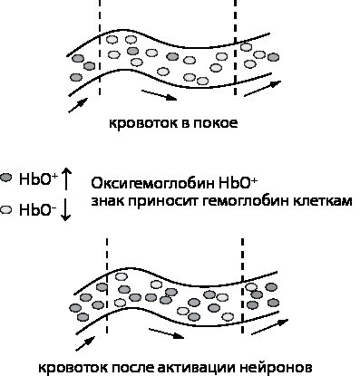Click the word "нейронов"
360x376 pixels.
(276, 368)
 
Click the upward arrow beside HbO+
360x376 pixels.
(67, 179)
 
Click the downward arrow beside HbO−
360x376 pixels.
(66, 210)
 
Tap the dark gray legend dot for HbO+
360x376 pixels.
(6, 178)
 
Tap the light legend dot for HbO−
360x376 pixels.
(6, 209)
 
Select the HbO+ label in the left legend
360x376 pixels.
(38, 179)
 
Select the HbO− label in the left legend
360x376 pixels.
(37, 210)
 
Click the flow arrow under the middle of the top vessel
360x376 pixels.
(159, 94)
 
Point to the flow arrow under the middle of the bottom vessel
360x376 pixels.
(167, 333)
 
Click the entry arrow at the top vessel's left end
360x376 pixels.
(78, 105)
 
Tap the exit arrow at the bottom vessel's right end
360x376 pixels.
(269, 327)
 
